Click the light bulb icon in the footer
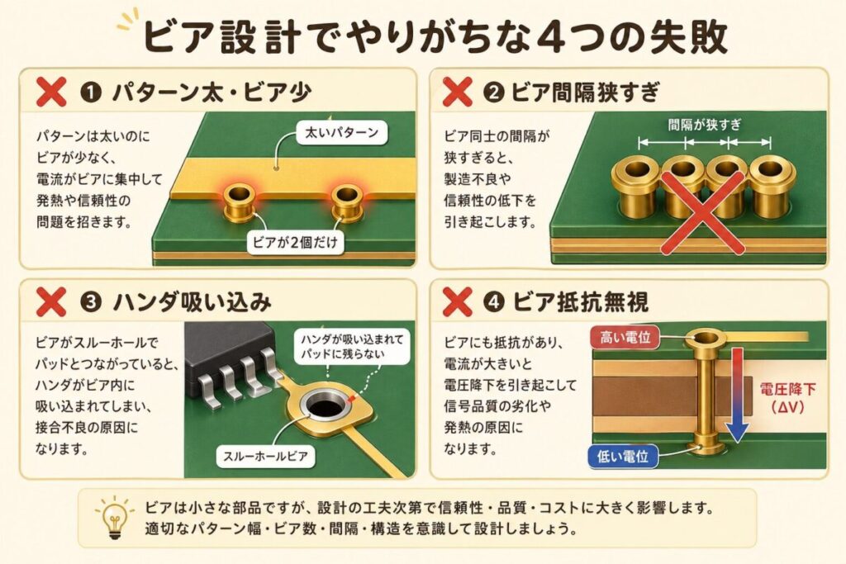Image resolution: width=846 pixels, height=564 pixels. coord(114,518)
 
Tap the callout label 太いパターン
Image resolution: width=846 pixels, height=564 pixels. coord(341,133)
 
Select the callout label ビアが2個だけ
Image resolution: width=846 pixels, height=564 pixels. coord(295,242)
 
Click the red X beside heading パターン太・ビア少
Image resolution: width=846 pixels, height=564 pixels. coord(51,92)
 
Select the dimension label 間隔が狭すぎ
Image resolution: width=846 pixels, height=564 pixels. coord(705,125)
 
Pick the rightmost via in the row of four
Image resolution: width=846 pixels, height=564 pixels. coord(769,186)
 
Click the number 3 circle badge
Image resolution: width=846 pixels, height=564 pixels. coord(91,302)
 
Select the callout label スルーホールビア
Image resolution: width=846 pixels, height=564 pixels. coord(265,456)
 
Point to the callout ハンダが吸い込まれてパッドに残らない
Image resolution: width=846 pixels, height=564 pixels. coord(352,346)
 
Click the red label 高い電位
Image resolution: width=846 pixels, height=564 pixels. coord(625,338)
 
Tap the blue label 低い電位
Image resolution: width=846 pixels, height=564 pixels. coord(623,457)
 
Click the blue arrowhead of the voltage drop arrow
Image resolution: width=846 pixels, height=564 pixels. coord(737,431)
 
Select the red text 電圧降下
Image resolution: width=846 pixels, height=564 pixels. coord(787,389)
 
